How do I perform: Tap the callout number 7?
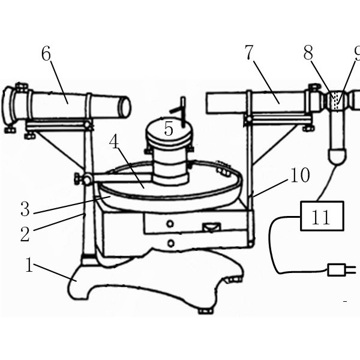coord(249,53)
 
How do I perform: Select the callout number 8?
coord(308,53)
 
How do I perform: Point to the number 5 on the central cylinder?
coord(169,129)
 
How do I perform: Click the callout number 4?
coord(114,142)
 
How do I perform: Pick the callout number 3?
coord(25,209)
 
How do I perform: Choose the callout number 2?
coord(25,234)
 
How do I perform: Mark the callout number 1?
coord(29,265)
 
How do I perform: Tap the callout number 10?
coord(300,175)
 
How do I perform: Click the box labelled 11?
coord(322,216)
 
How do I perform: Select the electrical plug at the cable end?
coord(341,270)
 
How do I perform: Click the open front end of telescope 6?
coord(125,107)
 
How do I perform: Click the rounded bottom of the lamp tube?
coord(337,157)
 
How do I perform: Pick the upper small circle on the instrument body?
coord(170,224)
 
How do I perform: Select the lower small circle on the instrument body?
coord(171,243)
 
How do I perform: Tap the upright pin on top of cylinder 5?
coord(183,112)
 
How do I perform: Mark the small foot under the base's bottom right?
coord(205,311)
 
